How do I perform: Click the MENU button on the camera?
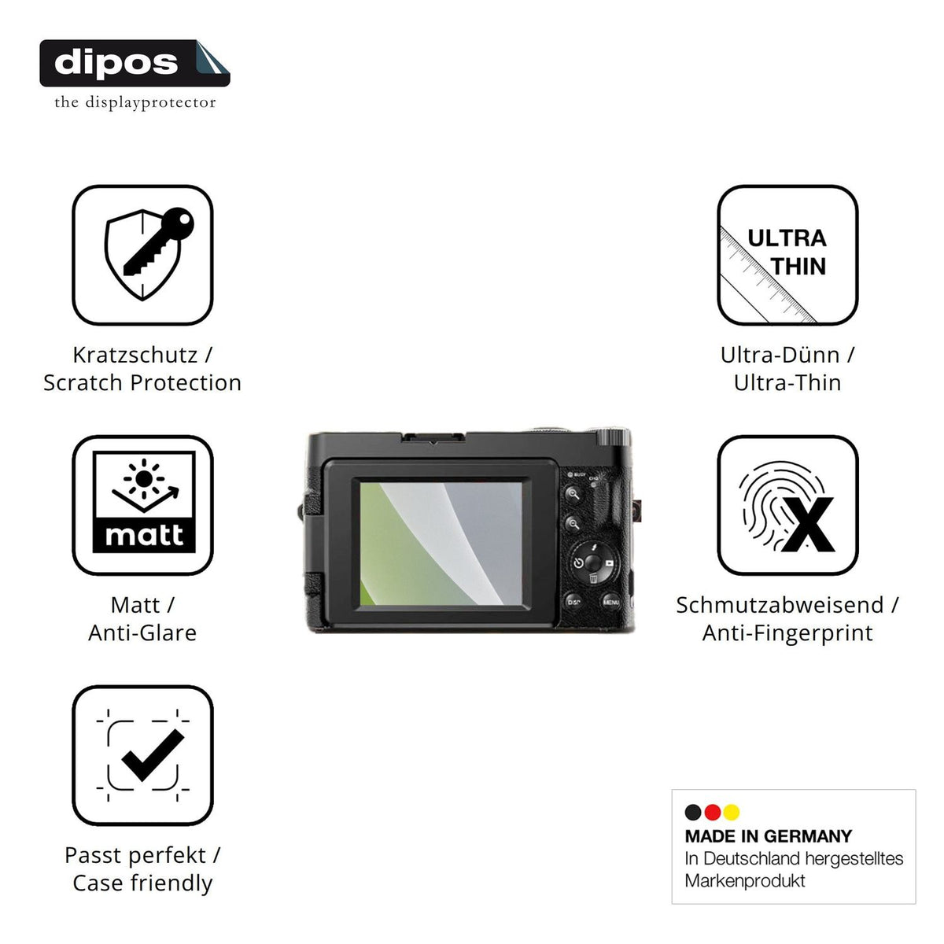pyautogui.click(x=610, y=602)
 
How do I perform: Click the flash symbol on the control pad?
pyautogui.click(x=595, y=548)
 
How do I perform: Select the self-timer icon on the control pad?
pyautogui.click(x=578, y=563)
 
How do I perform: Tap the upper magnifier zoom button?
pyautogui.click(x=574, y=494)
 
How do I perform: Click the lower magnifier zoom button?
pyautogui.click(x=573, y=524)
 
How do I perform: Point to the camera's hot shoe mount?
pyautogui.click(x=433, y=438)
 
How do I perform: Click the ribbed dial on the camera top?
pyautogui.click(x=613, y=437)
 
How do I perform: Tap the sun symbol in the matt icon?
pyautogui.click(x=143, y=478)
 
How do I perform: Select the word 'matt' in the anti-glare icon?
pyautogui.click(x=143, y=535)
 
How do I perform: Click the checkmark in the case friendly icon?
pyautogui.click(x=153, y=755)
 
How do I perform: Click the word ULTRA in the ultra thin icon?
pyautogui.click(x=787, y=238)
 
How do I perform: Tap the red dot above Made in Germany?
pyautogui.click(x=712, y=812)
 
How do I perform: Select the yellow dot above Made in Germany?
pyautogui.click(x=732, y=812)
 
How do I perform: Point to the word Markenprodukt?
pyautogui.click(x=745, y=881)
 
